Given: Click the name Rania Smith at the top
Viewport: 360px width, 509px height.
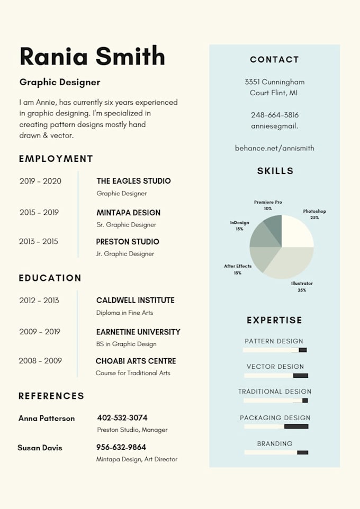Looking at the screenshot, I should point(92,56).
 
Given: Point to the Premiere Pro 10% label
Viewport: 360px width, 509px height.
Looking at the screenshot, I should point(268,205).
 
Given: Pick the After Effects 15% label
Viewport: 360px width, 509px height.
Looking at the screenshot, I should point(238,269).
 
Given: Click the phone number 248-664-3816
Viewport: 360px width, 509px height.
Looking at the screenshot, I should point(274,115).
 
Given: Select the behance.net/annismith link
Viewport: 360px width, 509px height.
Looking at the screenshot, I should point(274,148).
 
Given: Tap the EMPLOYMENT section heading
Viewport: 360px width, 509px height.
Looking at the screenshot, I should point(56,159).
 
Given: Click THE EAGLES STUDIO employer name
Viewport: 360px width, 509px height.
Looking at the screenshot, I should point(133,181).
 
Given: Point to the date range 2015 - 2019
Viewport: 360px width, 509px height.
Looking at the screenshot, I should point(39,212).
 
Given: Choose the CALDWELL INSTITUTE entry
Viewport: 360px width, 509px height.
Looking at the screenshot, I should point(135,300).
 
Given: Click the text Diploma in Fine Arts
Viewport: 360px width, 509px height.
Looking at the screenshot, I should point(124,313).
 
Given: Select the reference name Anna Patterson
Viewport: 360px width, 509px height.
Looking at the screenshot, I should point(47,418).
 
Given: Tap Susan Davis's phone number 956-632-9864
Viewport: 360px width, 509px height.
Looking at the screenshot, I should point(121,447).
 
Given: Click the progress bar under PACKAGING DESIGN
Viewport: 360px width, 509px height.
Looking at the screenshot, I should point(276,426).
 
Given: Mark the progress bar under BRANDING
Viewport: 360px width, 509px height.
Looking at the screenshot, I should point(276,452).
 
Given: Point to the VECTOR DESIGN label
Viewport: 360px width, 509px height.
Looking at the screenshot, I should point(275,366).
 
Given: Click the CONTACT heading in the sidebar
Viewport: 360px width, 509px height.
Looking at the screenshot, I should point(274,60).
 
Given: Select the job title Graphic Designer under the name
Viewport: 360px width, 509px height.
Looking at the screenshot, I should point(60,82).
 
